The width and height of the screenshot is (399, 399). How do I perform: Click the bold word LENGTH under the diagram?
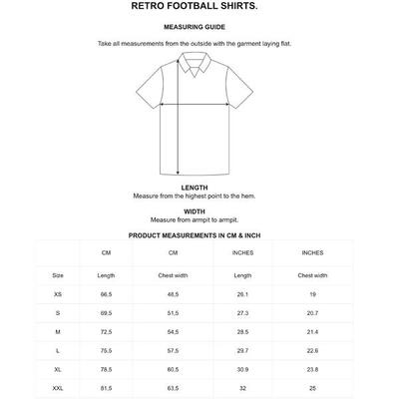click(195, 188)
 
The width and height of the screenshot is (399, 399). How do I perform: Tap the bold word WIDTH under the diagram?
click(195, 211)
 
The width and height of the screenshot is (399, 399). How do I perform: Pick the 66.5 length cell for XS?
click(106, 294)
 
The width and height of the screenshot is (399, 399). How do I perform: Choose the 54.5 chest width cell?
click(173, 330)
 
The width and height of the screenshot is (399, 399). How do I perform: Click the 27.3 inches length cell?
click(241, 312)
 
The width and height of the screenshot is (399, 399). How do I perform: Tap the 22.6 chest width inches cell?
click(311, 349)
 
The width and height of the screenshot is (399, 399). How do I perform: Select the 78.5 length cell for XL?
click(106, 367)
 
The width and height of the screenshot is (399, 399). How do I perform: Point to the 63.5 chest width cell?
click(173, 385)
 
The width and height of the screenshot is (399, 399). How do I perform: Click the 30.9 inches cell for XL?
click(241, 367)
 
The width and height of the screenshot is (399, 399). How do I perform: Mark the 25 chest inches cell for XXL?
click(311, 385)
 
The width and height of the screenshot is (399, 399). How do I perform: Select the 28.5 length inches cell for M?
click(241, 330)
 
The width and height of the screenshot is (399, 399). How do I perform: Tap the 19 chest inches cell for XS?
click(311, 294)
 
